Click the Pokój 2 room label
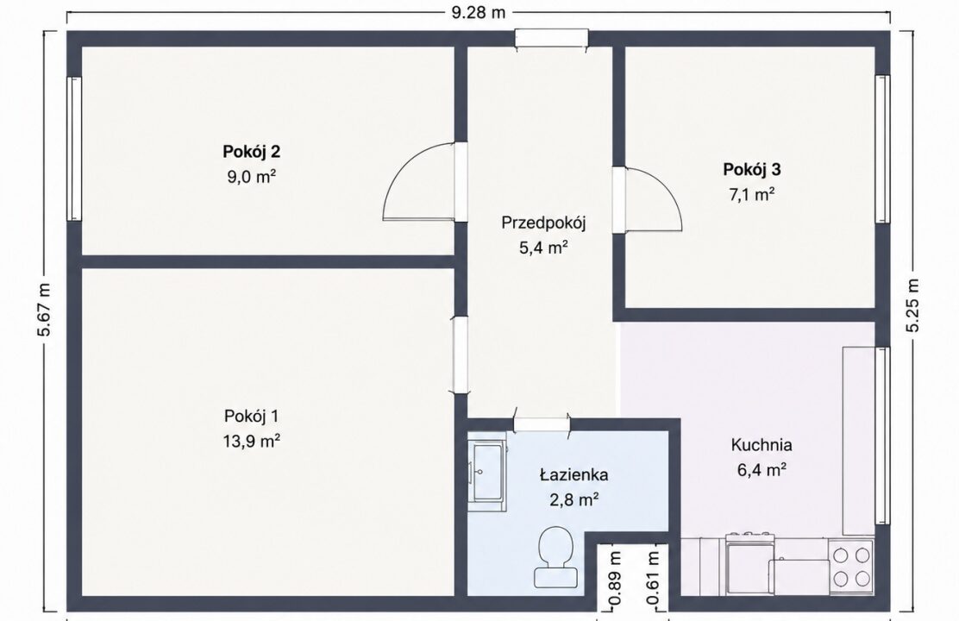pyautogui.click(x=251, y=151)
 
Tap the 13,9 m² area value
pyautogui.click(x=251, y=441)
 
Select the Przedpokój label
pyautogui.click(x=543, y=223)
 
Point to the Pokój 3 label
pyautogui.click(x=752, y=169)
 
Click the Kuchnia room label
pyautogui.click(x=762, y=445)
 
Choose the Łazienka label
pyautogui.click(x=574, y=474)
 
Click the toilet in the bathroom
pyautogui.click(x=555, y=557)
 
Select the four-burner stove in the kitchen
pyautogui.click(x=851, y=566)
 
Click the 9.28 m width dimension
pyautogui.click(x=479, y=13)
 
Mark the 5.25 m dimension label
pyautogui.click(x=912, y=304)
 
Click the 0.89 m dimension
pyautogui.click(x=615, y=578)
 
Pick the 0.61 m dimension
pyautogui.click(x=654, y=578)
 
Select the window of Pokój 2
pyautogui.click(x=74, y=148)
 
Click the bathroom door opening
pyautogui.click(x=542, y=423)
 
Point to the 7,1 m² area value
pyautogui.click(x=752, y=195)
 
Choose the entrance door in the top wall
pyautogui.click(x=551, y=38)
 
